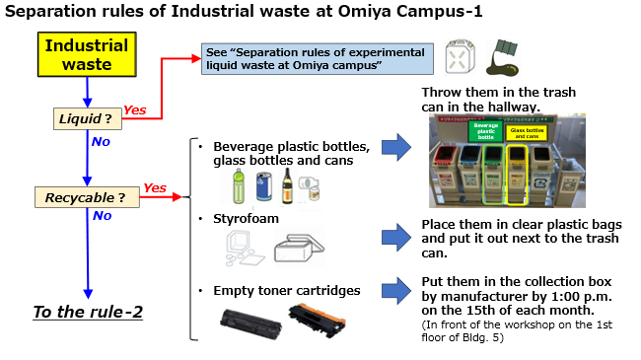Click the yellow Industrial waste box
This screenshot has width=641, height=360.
[x=86, y=55]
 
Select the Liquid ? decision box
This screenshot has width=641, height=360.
[x=86, y=118]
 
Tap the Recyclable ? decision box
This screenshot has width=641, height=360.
[x=86, y=197]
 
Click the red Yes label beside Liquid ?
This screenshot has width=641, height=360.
[x=135, y=109]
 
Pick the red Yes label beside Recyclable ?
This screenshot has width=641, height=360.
[x=155, y=187]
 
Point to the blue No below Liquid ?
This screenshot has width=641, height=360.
[x=100, y=141]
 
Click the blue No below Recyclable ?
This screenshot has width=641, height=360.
[x=102, y=216]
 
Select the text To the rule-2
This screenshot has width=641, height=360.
[x=88, y=312]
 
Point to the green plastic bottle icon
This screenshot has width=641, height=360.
[x=238, y=184]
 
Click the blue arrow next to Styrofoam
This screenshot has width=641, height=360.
[x=395, y=236]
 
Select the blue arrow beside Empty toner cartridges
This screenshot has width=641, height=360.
[x=395, y=291]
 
